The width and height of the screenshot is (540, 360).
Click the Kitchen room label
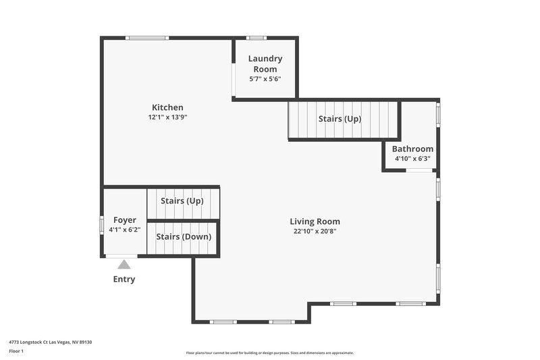(x=167, y=107)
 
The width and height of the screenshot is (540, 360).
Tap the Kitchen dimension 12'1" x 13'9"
(x=167, y=117)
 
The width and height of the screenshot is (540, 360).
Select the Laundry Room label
(x=265, y=64)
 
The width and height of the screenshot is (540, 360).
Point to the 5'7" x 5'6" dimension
(x=265, y=79)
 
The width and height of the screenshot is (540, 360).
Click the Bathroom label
(x=412, y=149)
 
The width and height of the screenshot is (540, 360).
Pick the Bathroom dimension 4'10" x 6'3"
(x=412, y=159)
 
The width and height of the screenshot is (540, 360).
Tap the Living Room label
(x=315, y=222)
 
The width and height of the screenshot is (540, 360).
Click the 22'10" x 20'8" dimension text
(x=315, y=231)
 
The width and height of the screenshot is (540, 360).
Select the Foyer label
(x=124, y=220)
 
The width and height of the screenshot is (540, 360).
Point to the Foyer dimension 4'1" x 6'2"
(x=124, y=230)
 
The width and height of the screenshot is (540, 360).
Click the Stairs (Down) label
(x=184, y=237)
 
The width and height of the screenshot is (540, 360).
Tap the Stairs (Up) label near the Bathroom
(x=340, y=119)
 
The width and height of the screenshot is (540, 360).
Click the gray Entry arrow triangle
(x=124, y=265)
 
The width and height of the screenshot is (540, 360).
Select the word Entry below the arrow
(x=124, y=280)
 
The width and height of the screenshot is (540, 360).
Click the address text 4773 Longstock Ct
(x=51, y=342)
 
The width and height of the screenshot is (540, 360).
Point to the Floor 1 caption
(x=16, y=351)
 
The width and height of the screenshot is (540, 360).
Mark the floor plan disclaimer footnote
(x=270, y=353)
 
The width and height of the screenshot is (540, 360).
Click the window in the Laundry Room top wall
(x=256, y=38)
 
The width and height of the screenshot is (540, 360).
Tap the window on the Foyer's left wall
(x=102, y=224)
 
